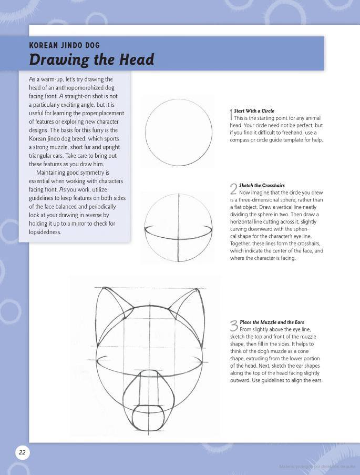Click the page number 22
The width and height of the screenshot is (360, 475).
pos(22,452)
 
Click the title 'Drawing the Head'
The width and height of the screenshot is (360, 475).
pos(91,59)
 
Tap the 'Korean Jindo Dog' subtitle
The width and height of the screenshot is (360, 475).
pos(64,45)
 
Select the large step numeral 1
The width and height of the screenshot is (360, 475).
pos(231,114)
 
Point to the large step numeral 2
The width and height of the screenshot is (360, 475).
pos(234,189)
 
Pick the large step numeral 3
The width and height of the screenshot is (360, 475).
pos(234,326)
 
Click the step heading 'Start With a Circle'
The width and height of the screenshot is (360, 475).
pos(254,111)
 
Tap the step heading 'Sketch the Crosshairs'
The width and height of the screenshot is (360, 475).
pos(262,186)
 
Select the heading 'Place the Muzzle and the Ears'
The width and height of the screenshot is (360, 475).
pos(272,322)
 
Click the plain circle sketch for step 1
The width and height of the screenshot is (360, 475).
pos(178,131)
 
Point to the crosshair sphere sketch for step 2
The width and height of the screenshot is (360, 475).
pos(178,227)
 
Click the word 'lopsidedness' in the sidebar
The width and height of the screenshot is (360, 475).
pos(45,232)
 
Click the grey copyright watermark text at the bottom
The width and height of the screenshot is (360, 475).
pos(317,467)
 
